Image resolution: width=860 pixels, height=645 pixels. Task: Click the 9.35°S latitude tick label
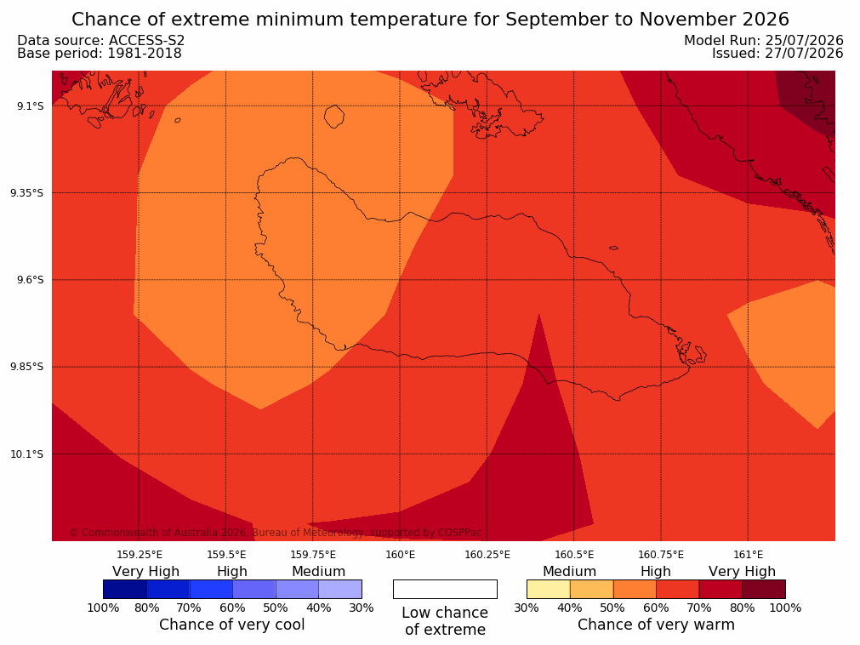pos(27,193)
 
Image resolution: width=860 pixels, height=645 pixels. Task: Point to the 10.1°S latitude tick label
pos(27,454)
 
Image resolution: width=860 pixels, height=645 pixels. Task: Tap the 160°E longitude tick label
pos(401,555)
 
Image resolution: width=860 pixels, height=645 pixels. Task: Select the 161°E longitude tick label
pos(748,555)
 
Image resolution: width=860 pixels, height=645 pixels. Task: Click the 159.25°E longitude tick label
pos(140,555)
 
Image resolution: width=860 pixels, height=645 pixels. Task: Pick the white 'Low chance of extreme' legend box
pos(446,589)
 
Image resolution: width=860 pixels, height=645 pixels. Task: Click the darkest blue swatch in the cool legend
pos(125,589)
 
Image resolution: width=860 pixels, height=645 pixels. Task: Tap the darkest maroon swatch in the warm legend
pos(764,589)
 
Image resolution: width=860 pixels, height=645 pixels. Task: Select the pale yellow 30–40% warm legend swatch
pos(549,589)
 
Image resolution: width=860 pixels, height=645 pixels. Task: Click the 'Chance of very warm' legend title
pos(656,625)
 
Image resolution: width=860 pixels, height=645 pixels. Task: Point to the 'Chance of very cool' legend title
pos(232,625)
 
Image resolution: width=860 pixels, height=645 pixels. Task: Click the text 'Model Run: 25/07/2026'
pos(764,41)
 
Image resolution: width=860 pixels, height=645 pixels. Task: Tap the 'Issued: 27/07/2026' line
pos(777,54)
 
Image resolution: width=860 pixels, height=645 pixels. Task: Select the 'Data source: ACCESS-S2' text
pos(101,41)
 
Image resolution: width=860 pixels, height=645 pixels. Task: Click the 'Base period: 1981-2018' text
pos(100,54)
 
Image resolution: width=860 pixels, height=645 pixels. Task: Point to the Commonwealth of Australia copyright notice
pos(276,533)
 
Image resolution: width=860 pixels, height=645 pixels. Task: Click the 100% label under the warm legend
pos(785,608)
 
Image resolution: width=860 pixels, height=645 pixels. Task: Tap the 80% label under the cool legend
pos(147,608)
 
